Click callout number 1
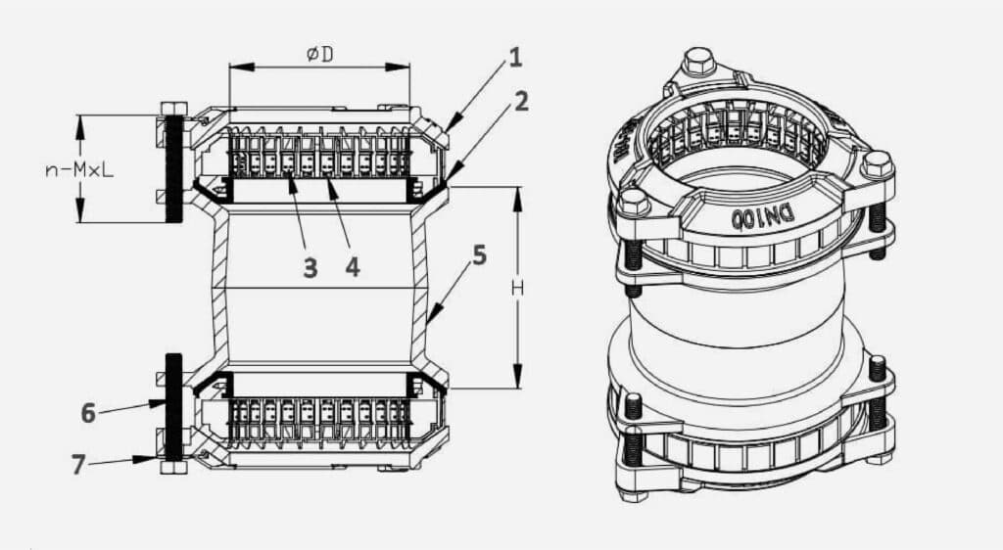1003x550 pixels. point(515,58)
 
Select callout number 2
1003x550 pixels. point(521,101)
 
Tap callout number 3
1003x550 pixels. point(310,267)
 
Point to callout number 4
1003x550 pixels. point(350,265)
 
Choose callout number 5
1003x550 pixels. point(479,255)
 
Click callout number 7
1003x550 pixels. point(79,464)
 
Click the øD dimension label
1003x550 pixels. point(319,55)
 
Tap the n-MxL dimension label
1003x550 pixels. point(79,169)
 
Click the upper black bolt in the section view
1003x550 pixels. point(174,166)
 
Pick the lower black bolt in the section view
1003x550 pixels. point(173,406)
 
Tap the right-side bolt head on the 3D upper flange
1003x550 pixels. point(878,162)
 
